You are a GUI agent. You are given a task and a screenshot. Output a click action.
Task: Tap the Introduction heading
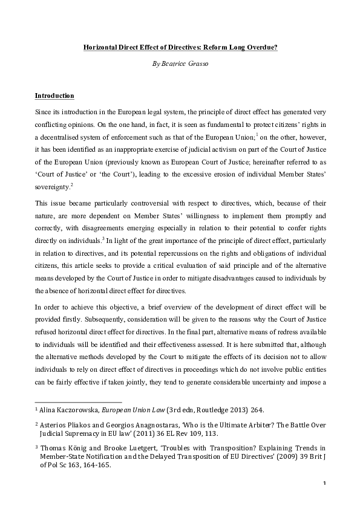[x=54, y=96]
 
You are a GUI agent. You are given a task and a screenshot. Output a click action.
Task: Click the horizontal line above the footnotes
[x=78, y=401]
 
